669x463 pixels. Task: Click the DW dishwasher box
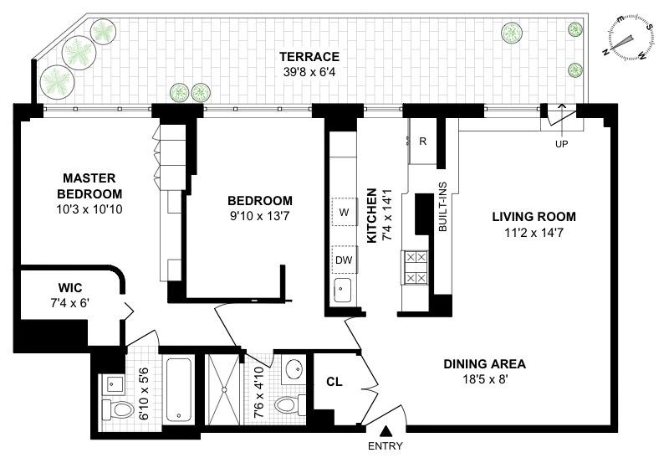344,259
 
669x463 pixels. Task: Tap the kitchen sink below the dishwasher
343,291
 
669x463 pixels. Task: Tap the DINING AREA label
484,364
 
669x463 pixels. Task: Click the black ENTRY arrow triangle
386,430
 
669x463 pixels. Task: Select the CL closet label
334,382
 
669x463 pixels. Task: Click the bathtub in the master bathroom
179,390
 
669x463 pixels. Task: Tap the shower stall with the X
223,390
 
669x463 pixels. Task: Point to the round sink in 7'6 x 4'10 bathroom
294,369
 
